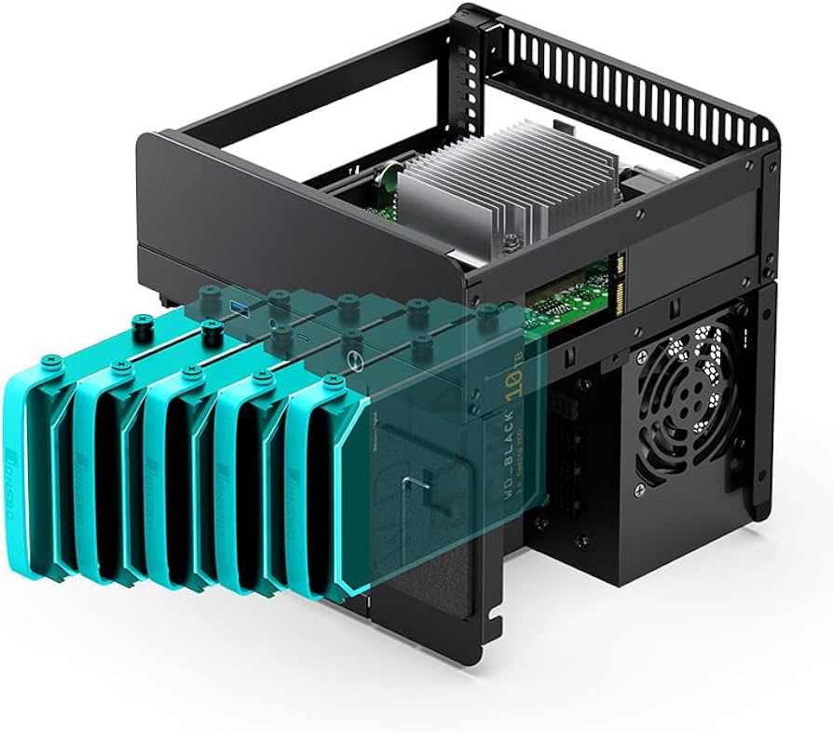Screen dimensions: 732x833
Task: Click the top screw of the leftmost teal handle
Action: [142, 325]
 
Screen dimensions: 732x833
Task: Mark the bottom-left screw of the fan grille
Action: [640, 488]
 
